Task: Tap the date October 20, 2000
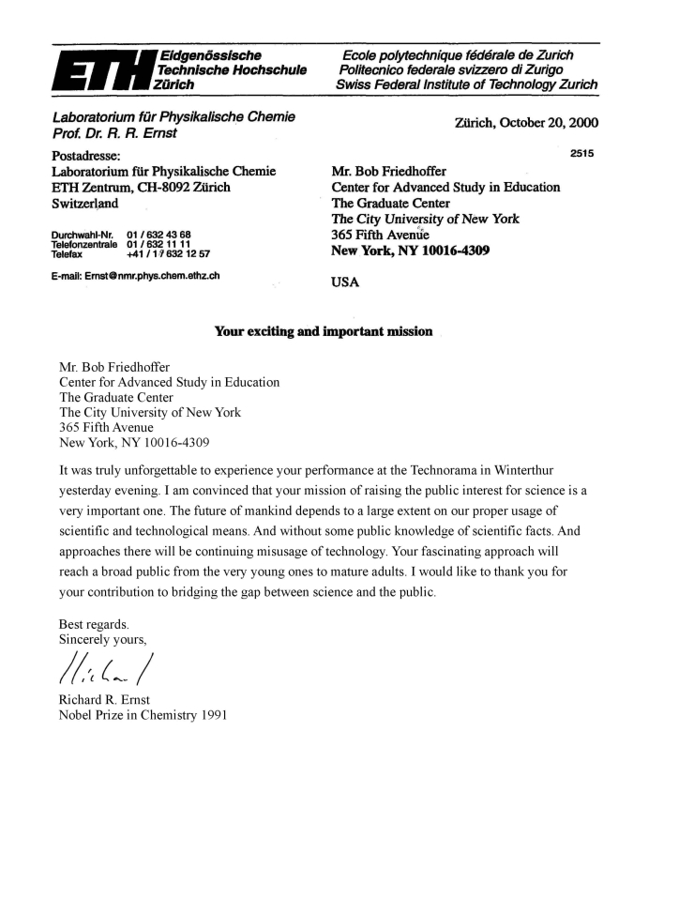526,122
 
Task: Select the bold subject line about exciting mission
324,331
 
